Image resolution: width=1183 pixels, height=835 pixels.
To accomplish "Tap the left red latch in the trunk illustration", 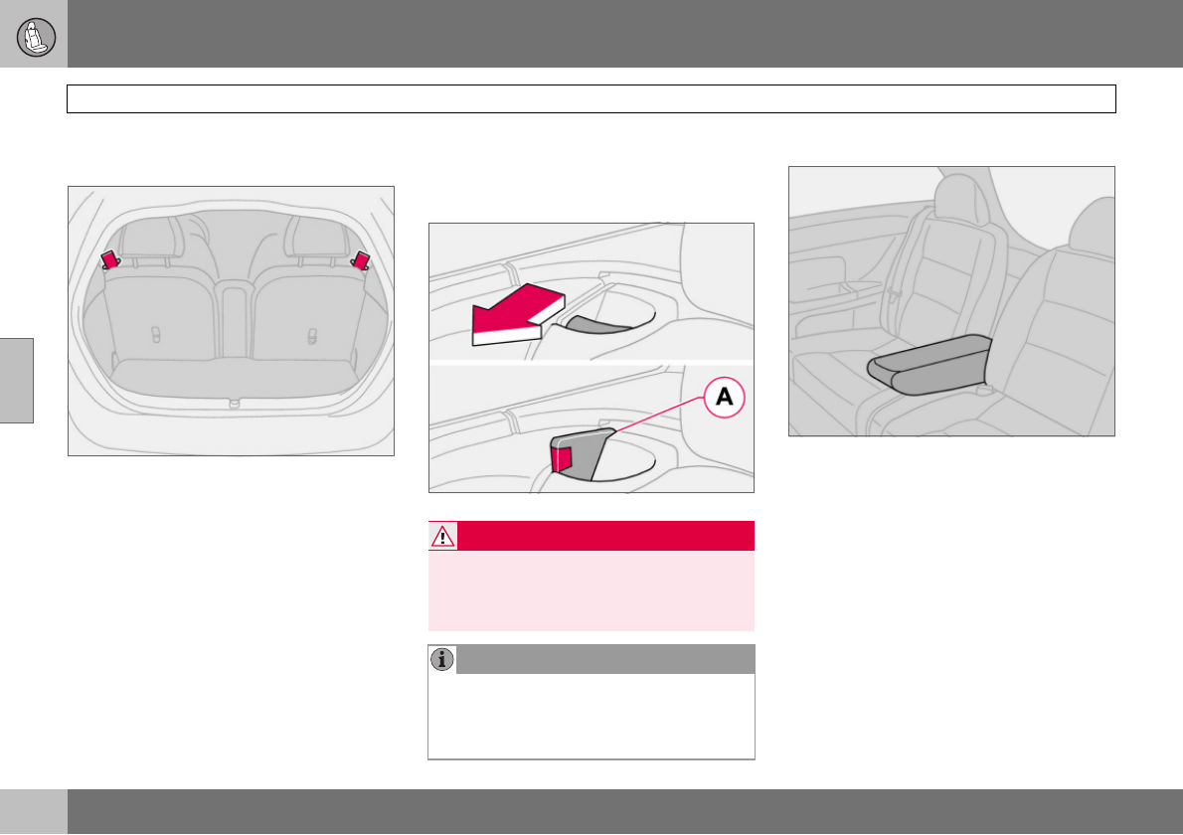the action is [x=109, y=259].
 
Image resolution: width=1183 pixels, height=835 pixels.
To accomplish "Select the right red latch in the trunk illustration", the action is [x=361, y=259].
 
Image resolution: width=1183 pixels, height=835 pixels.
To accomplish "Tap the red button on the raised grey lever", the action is [x=564, y=456].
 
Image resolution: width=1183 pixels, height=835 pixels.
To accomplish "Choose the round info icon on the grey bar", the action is [x=442, y=659].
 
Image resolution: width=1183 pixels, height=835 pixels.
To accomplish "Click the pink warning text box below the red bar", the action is [x=591, y=590].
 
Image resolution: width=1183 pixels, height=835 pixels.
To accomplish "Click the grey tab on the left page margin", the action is [x=17, y=380].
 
